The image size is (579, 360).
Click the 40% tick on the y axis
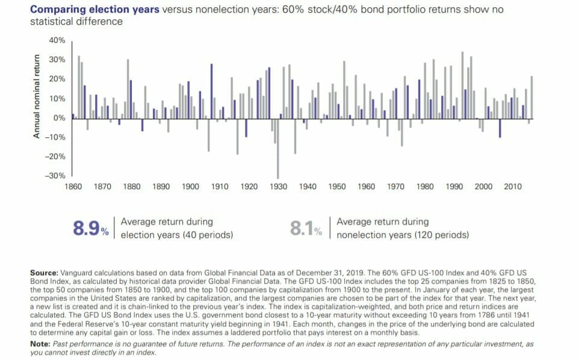(57, 40)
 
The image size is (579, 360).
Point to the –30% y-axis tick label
(55, 176)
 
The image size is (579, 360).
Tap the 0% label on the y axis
(60, 118)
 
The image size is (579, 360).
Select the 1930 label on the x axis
(278, 187)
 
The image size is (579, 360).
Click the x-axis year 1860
(73, 187)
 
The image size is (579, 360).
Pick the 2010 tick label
(513, 187)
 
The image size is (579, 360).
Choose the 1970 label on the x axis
(395, 187)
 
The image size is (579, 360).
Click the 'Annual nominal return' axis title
(36, 96)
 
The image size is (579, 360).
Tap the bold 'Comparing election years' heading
(94, 9)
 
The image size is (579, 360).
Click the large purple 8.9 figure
(87, 228)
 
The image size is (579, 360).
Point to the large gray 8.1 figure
(302, 228)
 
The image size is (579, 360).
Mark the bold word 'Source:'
(45, 273)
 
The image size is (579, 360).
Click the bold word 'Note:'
(40, 344)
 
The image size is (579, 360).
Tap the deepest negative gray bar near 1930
(277, 149)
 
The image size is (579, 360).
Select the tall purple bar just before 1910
(212, 91)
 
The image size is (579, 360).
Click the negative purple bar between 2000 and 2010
(500, 128)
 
